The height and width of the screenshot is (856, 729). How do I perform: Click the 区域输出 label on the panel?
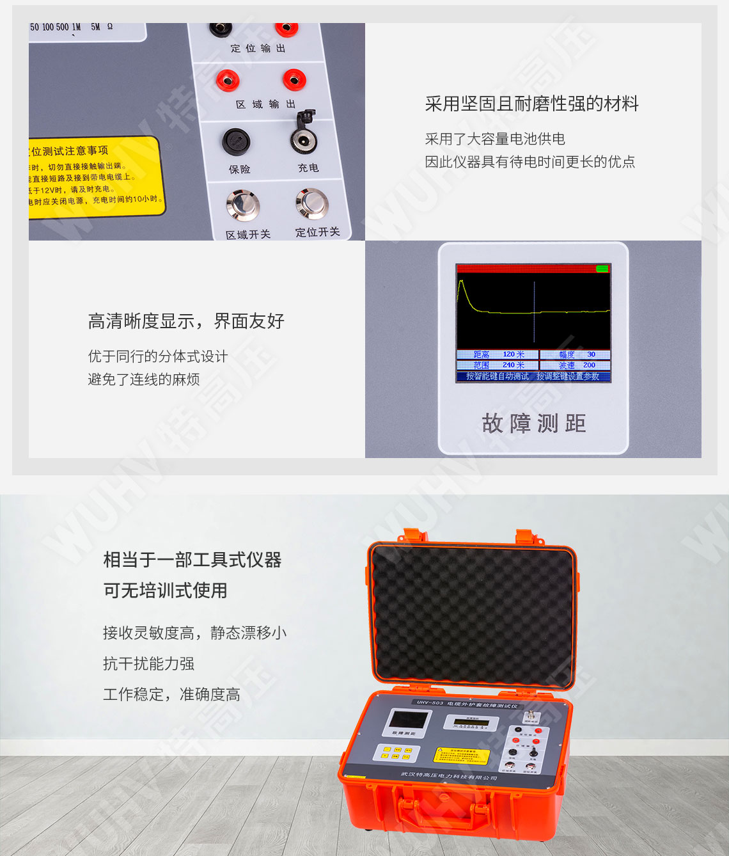(265, 104)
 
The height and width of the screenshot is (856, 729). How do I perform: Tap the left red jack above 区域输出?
(228, 80)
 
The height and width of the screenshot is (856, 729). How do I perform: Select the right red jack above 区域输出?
(294, 80)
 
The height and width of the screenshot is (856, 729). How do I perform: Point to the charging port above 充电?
(304, 138)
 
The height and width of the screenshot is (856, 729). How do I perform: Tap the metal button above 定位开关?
(312, 203)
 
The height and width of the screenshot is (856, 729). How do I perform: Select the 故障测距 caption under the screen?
(534, 423)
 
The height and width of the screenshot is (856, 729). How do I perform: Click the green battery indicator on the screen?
(602, 269)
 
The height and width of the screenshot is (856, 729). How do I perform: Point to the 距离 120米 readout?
(498, 354)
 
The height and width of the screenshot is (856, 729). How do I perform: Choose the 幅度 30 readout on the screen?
(576, 354)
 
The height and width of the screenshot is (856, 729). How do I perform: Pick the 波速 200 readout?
(576, 365)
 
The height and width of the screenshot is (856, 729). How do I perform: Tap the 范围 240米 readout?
(498, 365)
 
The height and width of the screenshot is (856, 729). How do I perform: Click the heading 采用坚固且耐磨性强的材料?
(531, 104)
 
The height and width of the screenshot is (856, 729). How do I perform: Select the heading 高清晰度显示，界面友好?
(185, 321)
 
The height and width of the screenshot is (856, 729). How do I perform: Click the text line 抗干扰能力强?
(148, 663)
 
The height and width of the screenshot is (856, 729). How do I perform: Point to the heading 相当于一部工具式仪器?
(192, 560)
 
